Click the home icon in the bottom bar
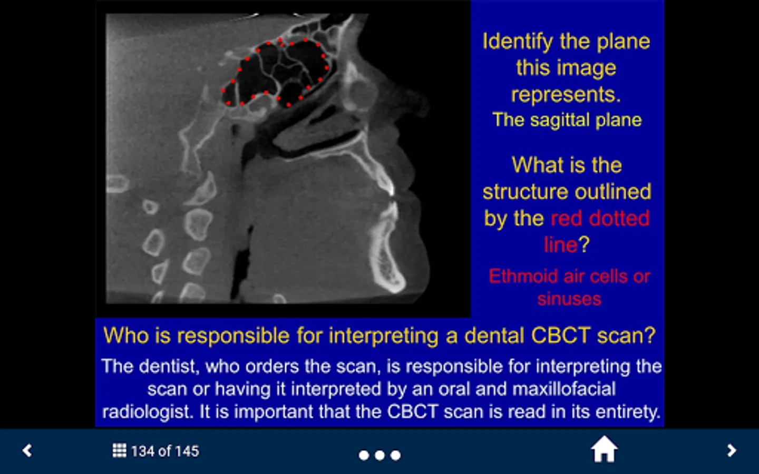pos(604,449)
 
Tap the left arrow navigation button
pos(27,451)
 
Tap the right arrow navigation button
pos(732,451)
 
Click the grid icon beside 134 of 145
pos(119,451)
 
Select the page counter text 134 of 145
pos(165,451)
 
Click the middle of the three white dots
pos(379,456)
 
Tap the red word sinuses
pos(569,299)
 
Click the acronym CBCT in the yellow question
pos(560,335)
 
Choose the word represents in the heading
pos(566,94)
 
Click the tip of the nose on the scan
pos(427,105)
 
